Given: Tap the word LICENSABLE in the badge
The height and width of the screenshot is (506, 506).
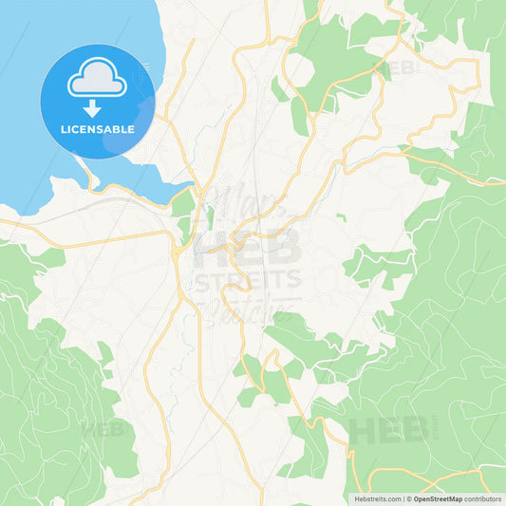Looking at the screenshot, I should click(x=98, y=129).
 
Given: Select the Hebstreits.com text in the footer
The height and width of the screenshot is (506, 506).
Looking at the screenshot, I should click(x=378, y=497).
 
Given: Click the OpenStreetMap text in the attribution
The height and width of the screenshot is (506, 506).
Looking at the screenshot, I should click(x=437, y=497).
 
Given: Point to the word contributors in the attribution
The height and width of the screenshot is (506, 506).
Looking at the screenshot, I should click(x=483, y=497).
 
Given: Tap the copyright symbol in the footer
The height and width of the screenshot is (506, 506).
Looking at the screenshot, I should click(x=407, y=497).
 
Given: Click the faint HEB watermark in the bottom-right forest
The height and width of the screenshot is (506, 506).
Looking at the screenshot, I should click(x=388, y=429).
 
